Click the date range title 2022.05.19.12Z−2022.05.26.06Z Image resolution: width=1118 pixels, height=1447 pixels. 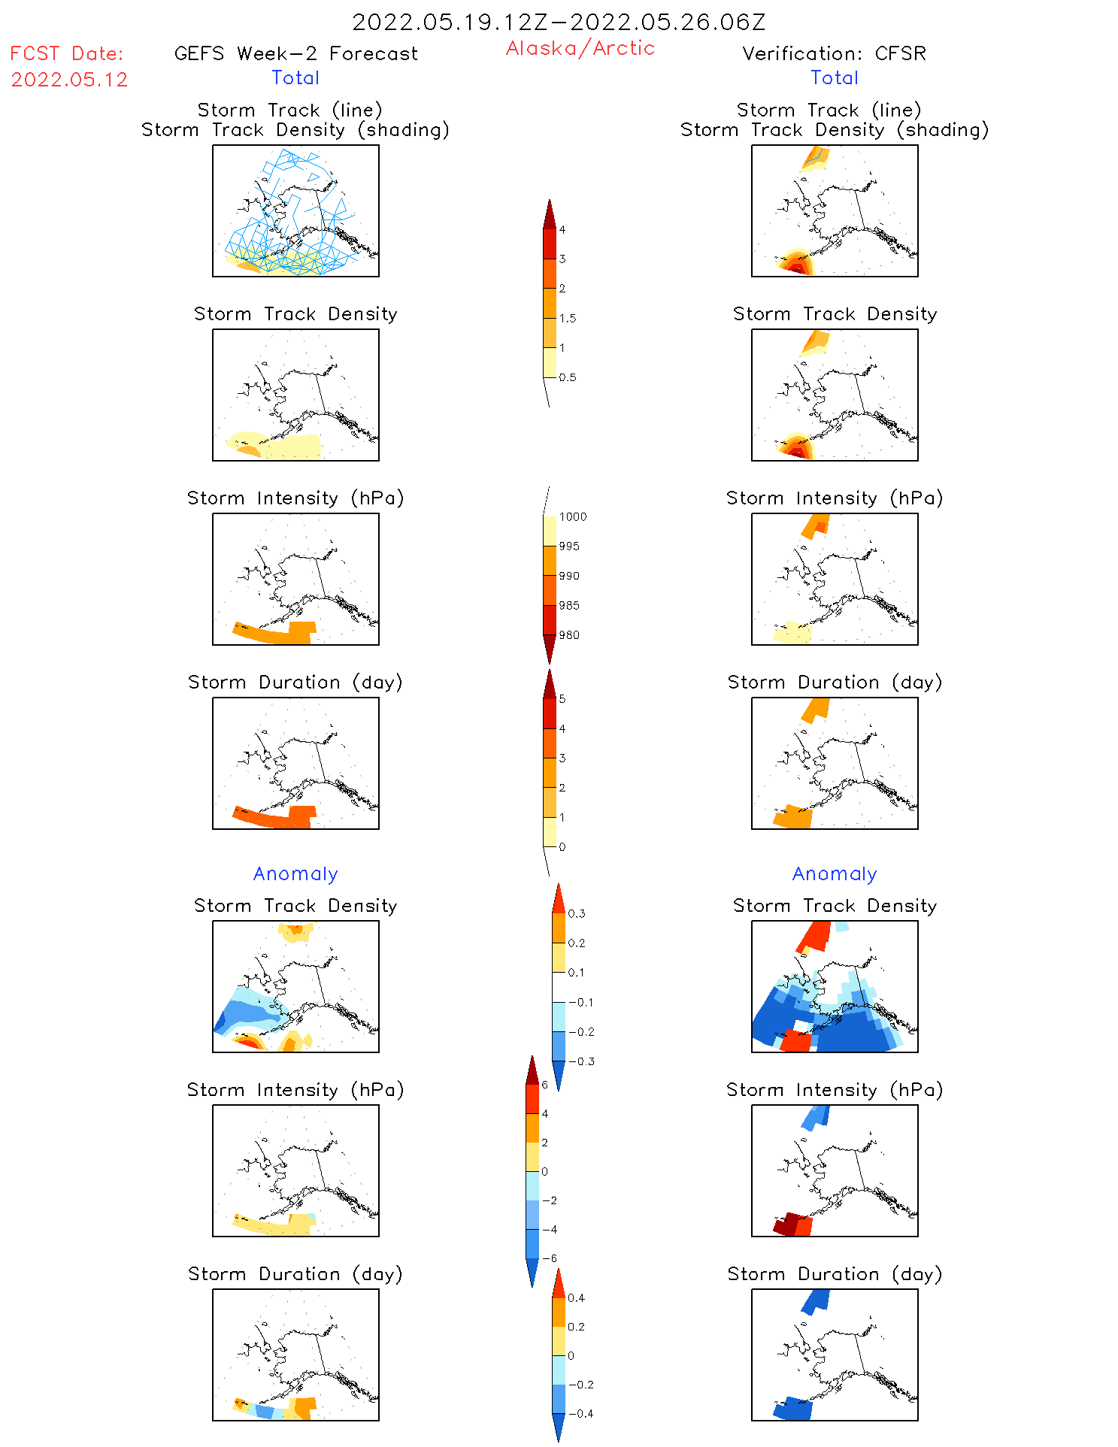click(x=559, y=22)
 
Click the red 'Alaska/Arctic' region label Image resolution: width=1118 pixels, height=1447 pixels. click(x=580, y=48)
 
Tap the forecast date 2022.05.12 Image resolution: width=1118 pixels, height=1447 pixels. click(x=69, y=80)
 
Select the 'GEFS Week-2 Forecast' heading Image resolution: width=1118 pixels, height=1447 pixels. click(x=295, y=53)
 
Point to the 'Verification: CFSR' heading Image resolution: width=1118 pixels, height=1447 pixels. click(x=834, y=53)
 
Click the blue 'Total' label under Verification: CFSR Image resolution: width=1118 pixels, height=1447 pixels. click(x=834, y=77)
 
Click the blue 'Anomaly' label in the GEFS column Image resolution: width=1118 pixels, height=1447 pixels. click(x=295, y=873)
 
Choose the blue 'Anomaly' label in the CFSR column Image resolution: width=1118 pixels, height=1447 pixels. click(x=835, y=873)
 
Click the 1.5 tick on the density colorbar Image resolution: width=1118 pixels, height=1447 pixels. click(x=568, y=318)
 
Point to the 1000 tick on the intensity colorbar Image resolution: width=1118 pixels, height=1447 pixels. click(x=572, y=516)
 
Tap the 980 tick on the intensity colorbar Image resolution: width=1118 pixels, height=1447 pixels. click(x=569, y=635)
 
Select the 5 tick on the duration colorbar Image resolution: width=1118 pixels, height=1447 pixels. click(x=562, y=699)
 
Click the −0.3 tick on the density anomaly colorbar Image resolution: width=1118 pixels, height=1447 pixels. click(x=581, y=1061)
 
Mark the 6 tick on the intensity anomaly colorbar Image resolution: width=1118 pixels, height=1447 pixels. click(x=545, y=1085)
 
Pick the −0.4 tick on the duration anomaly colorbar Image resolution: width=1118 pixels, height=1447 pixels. click(x=580, y=1413)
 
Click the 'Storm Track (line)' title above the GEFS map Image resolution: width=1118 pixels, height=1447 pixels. click(x=289, y=110)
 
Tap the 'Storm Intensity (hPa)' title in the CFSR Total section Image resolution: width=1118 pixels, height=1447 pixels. click(x=835, y=498)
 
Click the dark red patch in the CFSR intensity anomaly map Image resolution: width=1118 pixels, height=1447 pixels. click(x=786, y=1223)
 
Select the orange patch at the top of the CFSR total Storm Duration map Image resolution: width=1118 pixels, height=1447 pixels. click(x=816, y=709)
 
